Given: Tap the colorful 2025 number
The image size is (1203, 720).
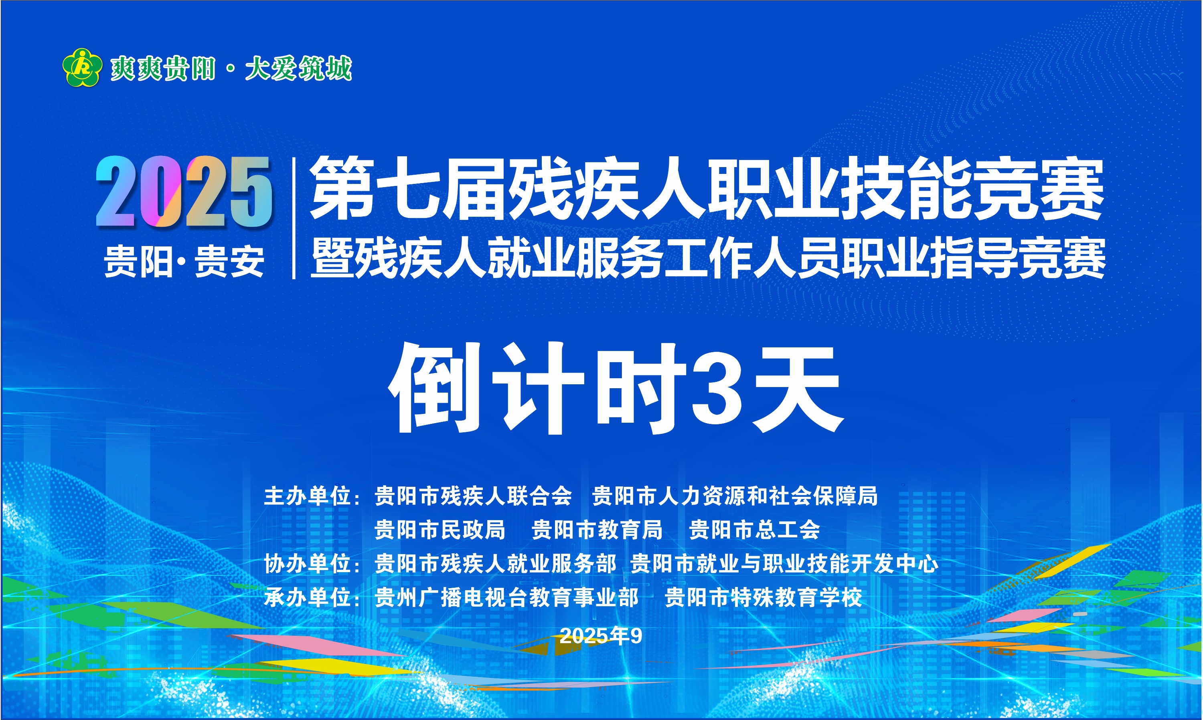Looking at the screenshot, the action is coord(184,192).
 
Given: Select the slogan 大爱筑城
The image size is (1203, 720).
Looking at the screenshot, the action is coord(298,69).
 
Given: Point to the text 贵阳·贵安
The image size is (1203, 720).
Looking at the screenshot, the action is coord(184,262).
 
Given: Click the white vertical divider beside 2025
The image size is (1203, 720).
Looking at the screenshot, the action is coord(294,218).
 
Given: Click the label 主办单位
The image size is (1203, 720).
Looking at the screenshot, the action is coord(307,496).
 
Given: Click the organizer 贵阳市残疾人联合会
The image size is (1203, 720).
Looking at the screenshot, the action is coord(473,496).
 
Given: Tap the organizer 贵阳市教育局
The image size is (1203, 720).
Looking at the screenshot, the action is coord(597,530).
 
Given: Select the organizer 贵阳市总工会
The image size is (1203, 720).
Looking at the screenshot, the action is coord(755,530).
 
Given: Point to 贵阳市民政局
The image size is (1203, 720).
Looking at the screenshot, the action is coord(440,530).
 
